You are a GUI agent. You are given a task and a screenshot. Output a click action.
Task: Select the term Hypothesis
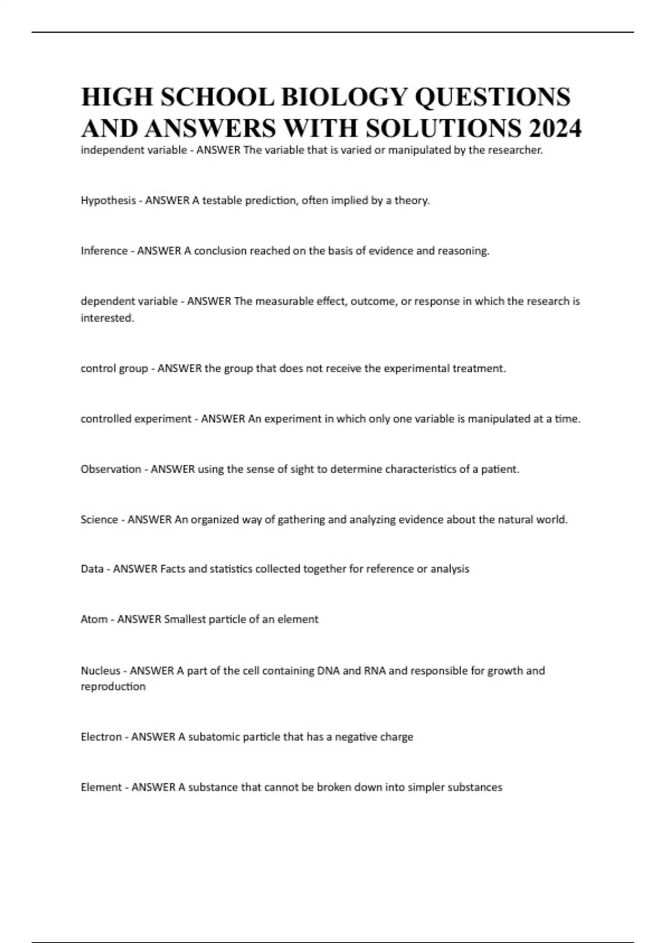point(108,201)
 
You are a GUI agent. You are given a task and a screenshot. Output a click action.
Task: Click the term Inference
point(104,251)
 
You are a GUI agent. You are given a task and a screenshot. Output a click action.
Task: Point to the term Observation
point(111,469)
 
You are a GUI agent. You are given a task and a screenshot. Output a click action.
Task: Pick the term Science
point(99,520)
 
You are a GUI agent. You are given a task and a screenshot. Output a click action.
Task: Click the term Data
point(92,569)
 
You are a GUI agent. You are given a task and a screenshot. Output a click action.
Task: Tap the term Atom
point(94,619)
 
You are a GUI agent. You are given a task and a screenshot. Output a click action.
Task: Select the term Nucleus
point(100,671)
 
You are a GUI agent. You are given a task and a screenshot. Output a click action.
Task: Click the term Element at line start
point(101,787)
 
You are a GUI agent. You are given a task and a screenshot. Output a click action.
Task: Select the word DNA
point(328,671)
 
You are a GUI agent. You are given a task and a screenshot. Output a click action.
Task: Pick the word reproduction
point(113,687)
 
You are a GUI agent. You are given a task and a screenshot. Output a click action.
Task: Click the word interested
point(107,318)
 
